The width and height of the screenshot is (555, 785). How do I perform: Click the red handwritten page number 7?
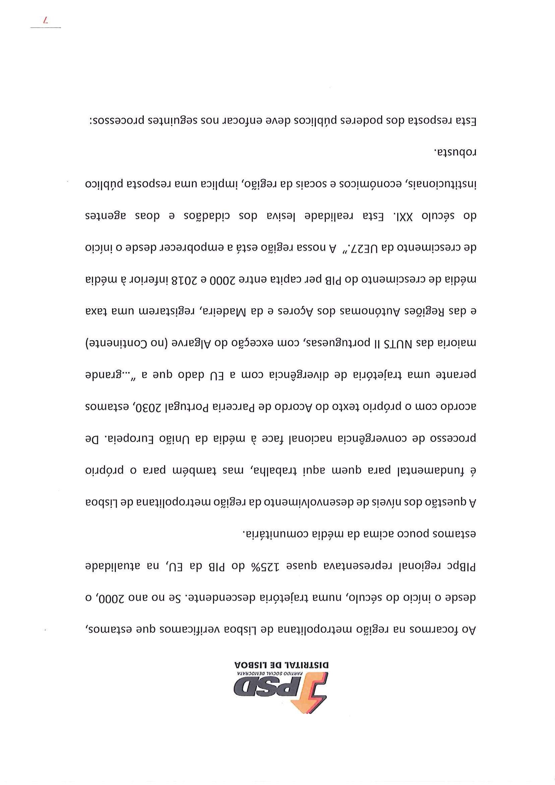46,21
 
